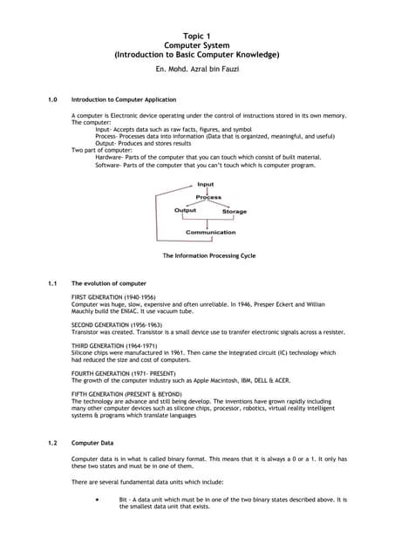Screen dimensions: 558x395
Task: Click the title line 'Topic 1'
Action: point(197,34)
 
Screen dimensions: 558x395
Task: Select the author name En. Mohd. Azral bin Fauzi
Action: point(197,68)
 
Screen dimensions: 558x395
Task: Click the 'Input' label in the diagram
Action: point(205,185)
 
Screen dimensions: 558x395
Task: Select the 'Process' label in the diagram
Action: point(208,198)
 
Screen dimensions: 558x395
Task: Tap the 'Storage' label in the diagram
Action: point(234,212)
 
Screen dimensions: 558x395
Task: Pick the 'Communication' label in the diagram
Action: point(210,233)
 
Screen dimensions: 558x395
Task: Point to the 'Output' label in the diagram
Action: point(185,211)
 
